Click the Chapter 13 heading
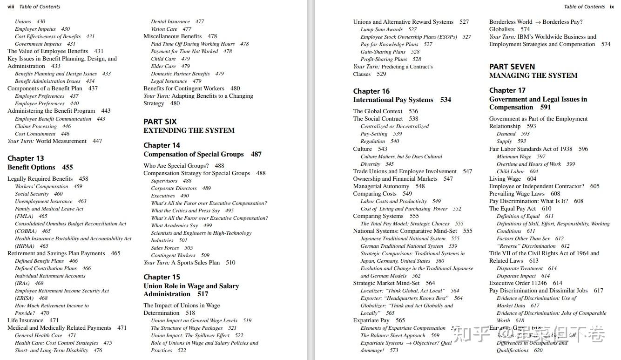click(x=26, y=158)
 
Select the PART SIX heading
click(x=160, y=122)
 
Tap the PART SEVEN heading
click(x=512, y=67)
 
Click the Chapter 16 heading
click(x=371, y=91)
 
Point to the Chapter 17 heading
click(x=507, y=90)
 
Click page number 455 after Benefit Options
click(x=67, y=167)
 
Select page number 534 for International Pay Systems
click(x=445, y=100)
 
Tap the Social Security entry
click(x=32, y=194)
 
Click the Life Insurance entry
click(x=26, y=320)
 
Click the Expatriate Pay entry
click(x=371, y=320)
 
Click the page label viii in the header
click(x=11, y=7)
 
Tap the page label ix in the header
click(x=612, y=7)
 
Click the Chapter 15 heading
click(x=162, y=277)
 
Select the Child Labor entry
click(x=510, y=171)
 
